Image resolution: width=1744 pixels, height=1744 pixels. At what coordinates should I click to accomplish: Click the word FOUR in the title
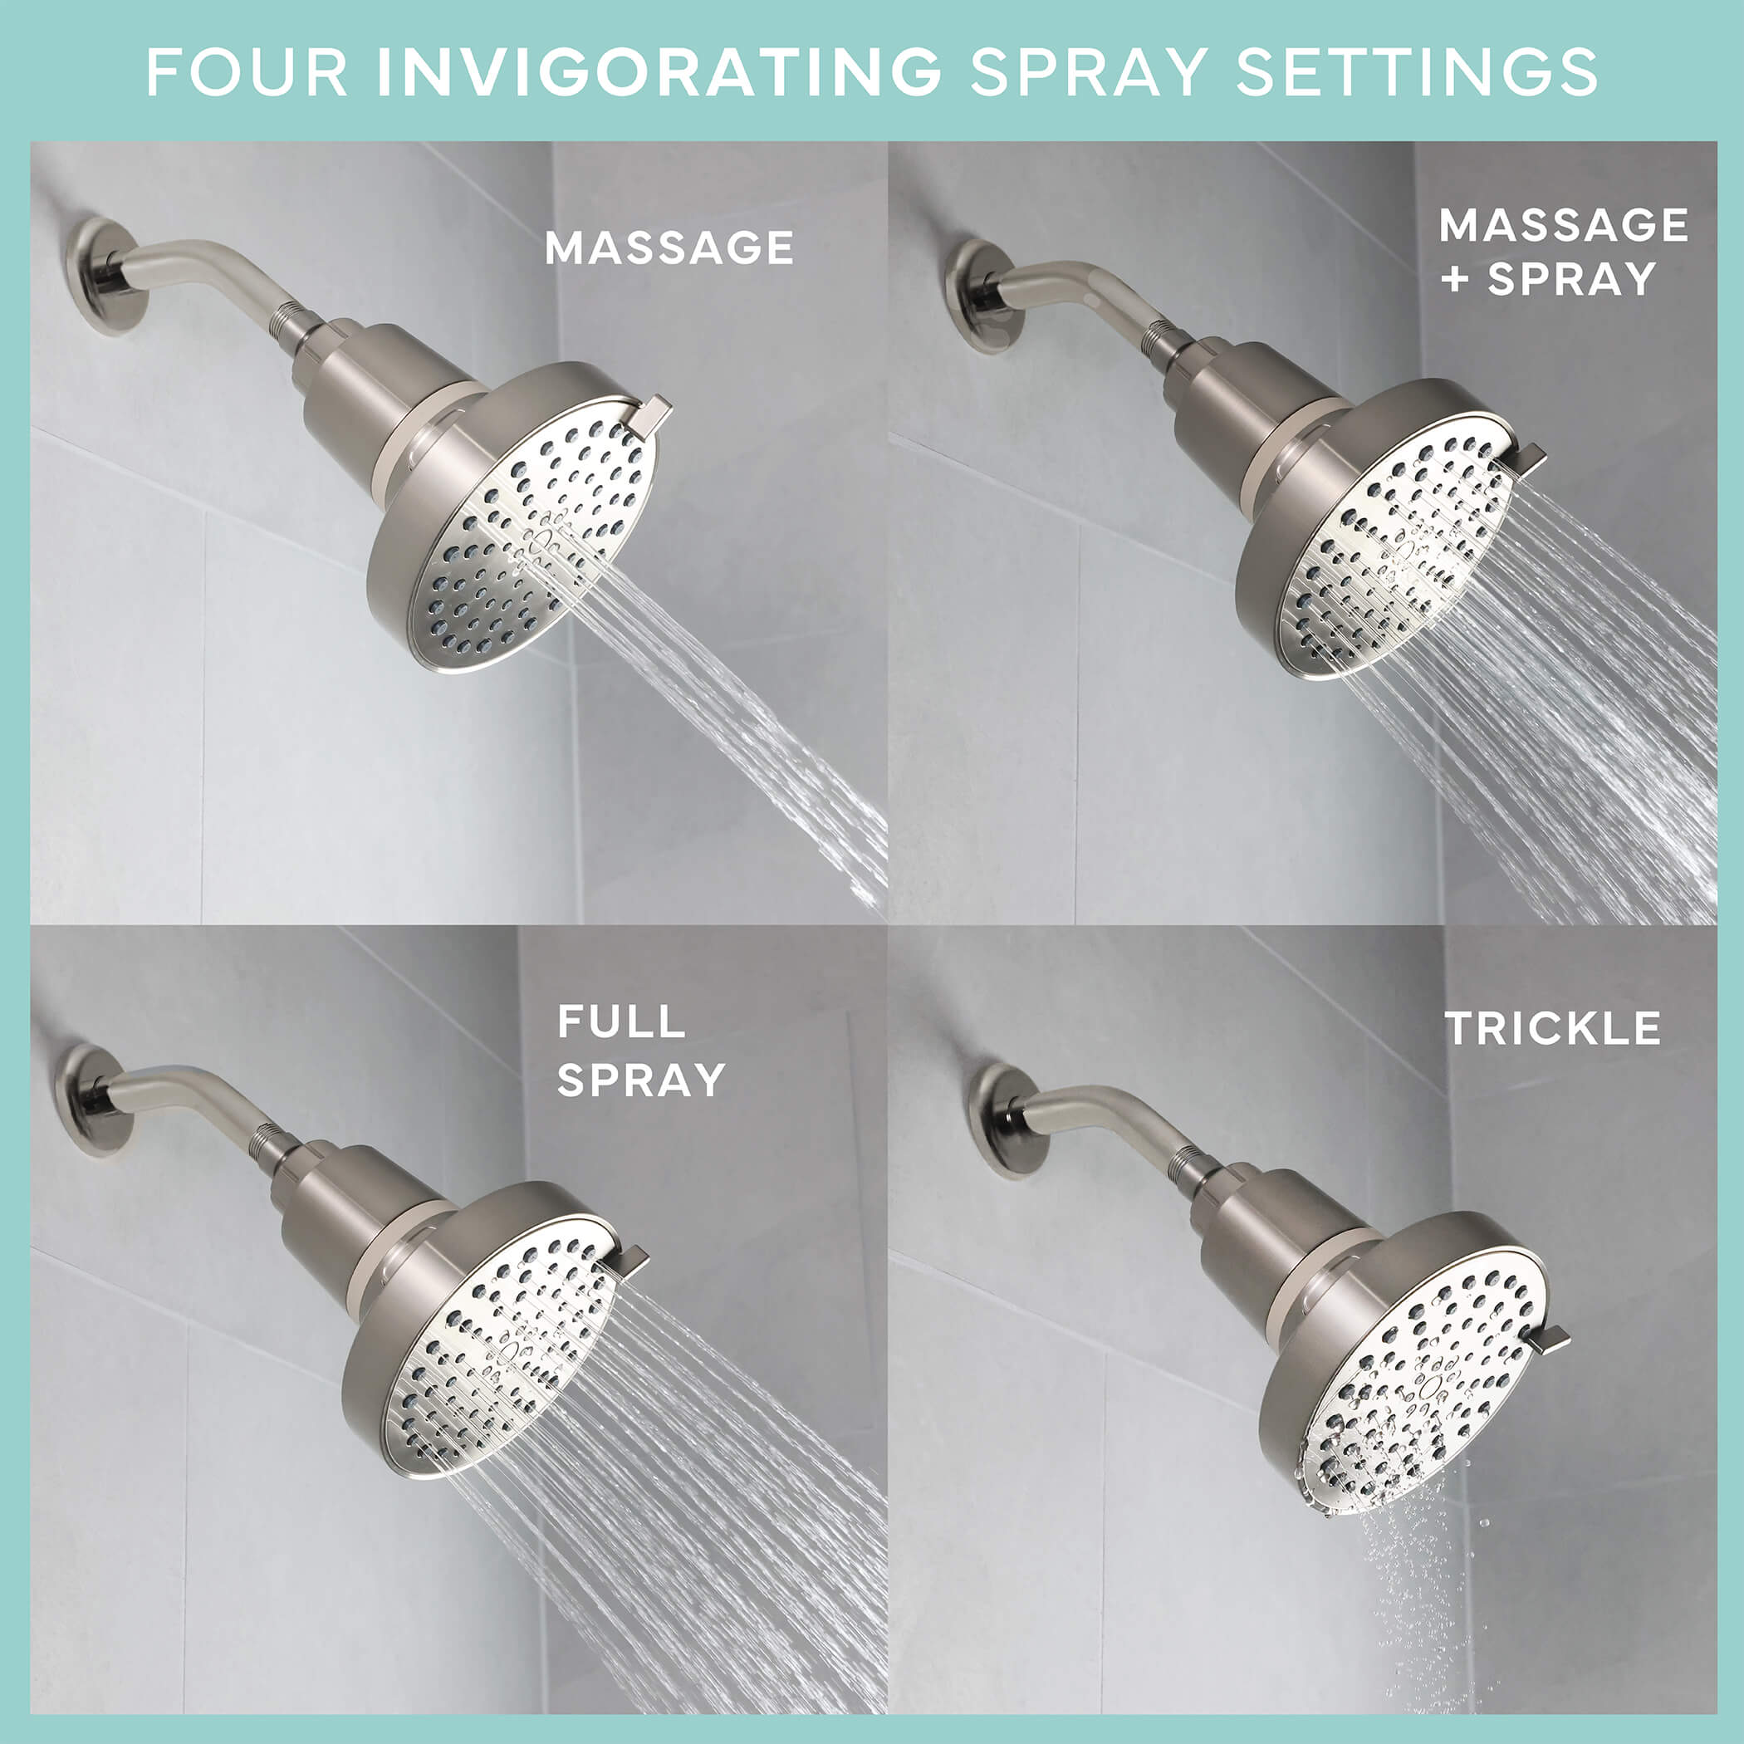247,72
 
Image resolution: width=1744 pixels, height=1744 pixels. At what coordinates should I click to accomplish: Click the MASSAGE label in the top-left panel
669,248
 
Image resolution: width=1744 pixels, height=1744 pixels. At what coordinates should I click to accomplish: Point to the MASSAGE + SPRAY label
1564,252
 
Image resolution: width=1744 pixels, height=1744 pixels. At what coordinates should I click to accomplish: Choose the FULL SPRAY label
641,1051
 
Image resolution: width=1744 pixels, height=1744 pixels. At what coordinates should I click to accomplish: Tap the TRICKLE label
1553,1028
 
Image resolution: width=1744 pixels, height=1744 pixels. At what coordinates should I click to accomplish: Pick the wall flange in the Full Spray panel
93,1100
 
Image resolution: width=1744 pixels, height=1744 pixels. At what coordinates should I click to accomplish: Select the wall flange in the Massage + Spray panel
982,295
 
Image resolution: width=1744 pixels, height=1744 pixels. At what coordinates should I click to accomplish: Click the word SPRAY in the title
1089,72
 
